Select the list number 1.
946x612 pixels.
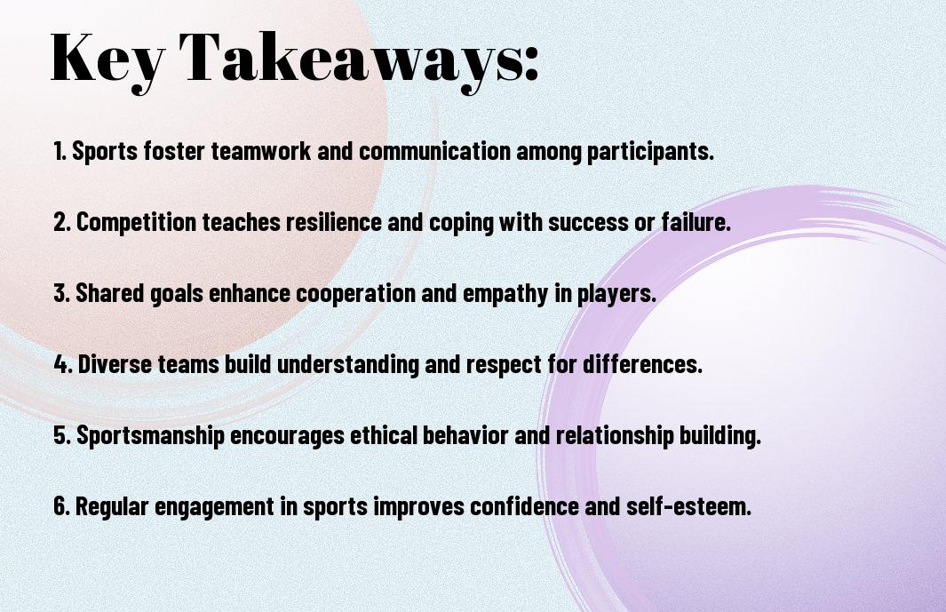pos(60,151)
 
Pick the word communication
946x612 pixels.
pos(434,151)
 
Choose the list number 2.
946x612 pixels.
pos(62,222)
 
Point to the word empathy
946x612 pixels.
pos(505,294)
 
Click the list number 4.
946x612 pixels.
pos(63,364)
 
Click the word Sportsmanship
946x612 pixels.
pos(150,436)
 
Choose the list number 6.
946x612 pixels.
pos(62,505)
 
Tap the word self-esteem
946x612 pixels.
pos(688,505)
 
